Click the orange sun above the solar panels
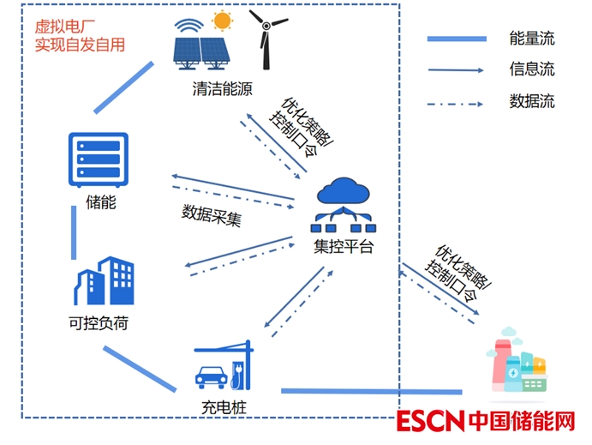pos(223,20)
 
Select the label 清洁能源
pos(223,89)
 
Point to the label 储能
pos(100,203)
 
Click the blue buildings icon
pos(105,281)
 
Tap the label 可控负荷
pos(102,325)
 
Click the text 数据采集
pos(212,214)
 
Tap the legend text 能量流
pos(532,39)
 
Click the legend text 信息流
pos(532,69)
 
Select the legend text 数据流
pos(532,101)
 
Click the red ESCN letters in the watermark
pos(429,422)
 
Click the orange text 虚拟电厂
pos(60,26)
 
